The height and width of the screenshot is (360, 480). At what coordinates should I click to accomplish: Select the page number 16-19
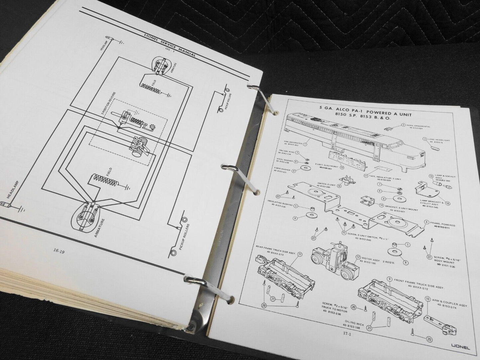(60, 252)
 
